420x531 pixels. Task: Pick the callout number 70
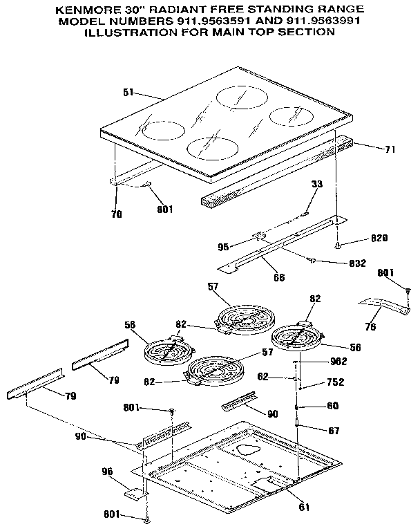coord(116,214)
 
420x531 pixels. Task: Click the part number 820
coord(379,238)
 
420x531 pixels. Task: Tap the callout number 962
coord(338,362)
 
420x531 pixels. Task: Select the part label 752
coord(334,382)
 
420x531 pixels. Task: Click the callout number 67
coord(333,431)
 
